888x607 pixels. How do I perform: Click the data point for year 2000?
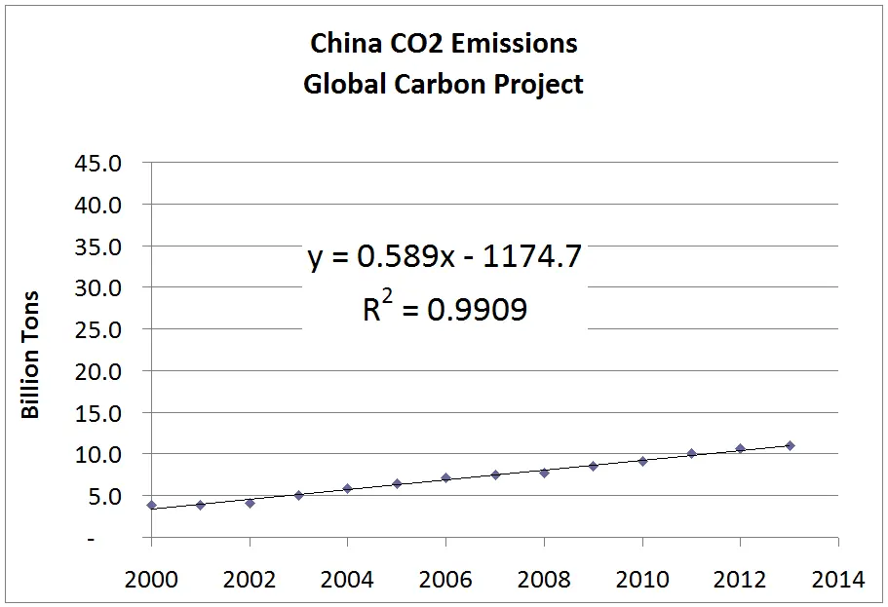click(x=152, y=505)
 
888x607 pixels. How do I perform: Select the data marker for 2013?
click(x=790, y=445)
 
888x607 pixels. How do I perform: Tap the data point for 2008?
click(x=544, y=473)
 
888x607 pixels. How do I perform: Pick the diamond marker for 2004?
click(x=348, y=488)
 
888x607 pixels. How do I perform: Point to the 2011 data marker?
click(x=691, y=453)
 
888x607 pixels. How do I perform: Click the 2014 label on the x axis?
click(x=838, y=580)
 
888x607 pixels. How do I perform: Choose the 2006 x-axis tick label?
click(x=445, y=580)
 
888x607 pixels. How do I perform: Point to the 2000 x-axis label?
click(x=152, y=580)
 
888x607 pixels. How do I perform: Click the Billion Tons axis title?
click(x=31, y=355)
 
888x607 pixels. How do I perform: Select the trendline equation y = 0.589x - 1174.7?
click(x=444, y=257)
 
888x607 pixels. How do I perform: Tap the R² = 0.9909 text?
click(x=444, y=309)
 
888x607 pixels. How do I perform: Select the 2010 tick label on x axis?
click(x=642, y=580)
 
